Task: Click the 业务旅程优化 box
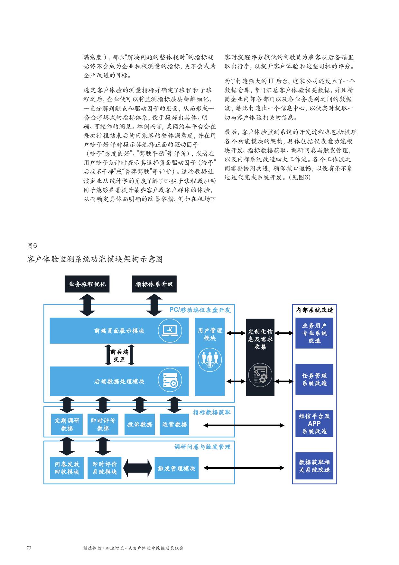click(87, 284)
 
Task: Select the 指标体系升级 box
click(154, 284)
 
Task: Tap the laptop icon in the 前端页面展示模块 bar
click(170, 330)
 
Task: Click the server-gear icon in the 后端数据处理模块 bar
click(170, 381)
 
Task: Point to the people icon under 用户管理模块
click(210, 359)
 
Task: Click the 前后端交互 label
click(119, 355)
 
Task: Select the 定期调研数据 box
click(67, 424)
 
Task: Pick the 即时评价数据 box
click(103, 424)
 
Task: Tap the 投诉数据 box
click(140, 424)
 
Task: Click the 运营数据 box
click(174, 424)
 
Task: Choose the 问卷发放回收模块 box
click(67, 468)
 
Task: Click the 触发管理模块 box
click(176, 468)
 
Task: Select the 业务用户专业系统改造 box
click(314, 333)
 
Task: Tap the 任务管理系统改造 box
click(314, 379)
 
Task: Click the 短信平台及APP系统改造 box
click(314, 424)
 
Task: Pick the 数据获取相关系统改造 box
click(314, 466)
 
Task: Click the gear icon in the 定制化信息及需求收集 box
click(260, 375)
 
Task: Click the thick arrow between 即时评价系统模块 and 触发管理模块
click(138, 468)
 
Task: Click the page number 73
click(29, 548)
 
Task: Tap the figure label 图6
click(32, 246)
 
